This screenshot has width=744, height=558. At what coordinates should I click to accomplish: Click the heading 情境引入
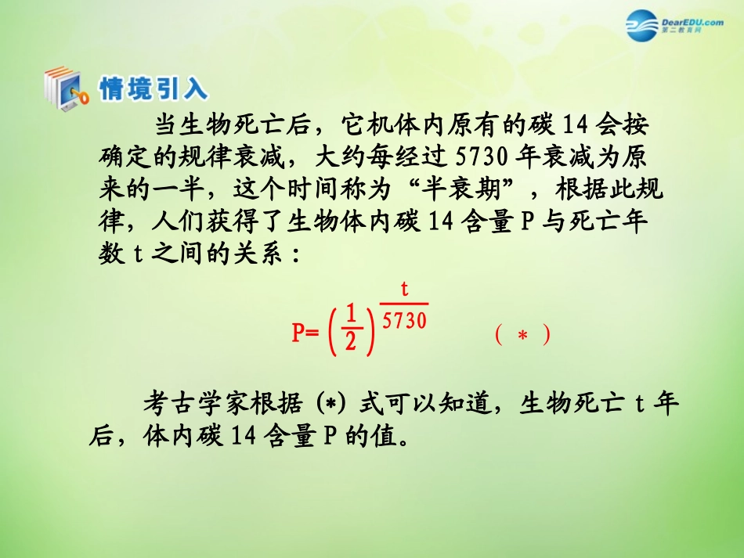153,88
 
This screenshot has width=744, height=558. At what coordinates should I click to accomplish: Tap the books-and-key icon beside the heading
66,88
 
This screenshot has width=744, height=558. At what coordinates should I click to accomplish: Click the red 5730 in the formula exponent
405,321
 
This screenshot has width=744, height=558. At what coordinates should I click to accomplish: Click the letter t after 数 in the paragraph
130,256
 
